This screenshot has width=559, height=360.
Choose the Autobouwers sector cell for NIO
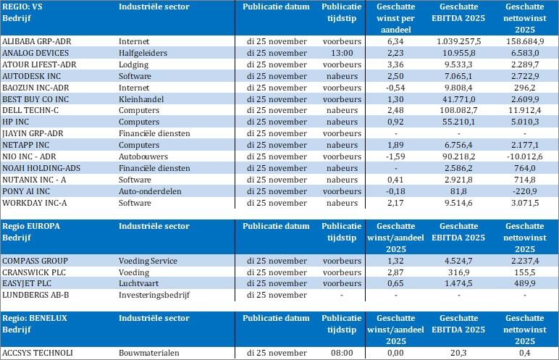point(143,156)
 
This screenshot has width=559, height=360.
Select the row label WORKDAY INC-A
point(34,203)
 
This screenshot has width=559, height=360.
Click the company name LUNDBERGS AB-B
point(35,295)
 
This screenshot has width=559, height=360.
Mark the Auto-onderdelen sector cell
point(151,191)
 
